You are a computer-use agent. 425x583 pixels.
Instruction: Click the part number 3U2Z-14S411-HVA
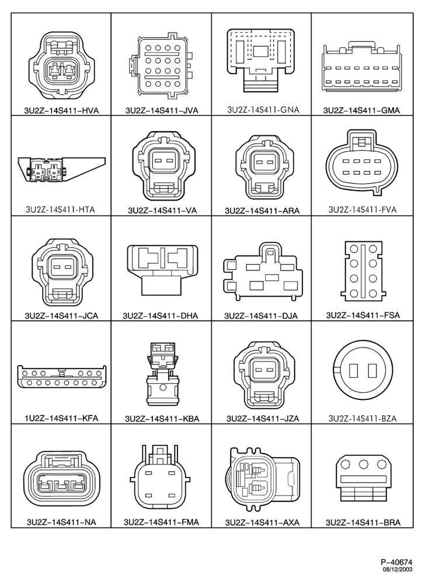[x=61, y=110]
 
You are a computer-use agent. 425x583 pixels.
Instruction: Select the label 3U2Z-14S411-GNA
[x=263, y=110]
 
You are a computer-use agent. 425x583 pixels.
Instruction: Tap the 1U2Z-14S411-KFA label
[x=61, y=418]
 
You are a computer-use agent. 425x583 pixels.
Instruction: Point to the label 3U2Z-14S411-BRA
[x=363, y=522]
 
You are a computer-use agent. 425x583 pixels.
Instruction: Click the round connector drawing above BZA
[x=363, y=372]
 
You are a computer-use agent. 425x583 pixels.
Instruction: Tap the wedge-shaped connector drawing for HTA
[x=61, y=170]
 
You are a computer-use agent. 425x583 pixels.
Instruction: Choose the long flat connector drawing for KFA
[x=61, y=377]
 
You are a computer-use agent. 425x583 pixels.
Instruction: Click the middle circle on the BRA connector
[x=363, y=465]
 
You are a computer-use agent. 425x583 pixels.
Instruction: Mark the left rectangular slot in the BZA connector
[x=353, y=372]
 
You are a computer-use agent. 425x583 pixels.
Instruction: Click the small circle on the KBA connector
[x=163, y=388]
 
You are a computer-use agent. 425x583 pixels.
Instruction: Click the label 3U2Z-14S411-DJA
[x=261, y=315]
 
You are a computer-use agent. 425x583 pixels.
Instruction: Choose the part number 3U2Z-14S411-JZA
[x=263, y=418]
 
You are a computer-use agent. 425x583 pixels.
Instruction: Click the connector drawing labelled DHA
[x=163, y=271]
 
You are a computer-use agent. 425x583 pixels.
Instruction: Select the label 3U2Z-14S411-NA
[x=61, y=522]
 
